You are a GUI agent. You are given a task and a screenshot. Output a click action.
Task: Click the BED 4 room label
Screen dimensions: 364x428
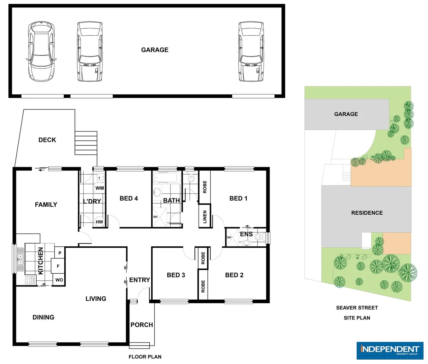[129, 199]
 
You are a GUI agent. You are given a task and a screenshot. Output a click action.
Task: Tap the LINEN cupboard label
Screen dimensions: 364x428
[205, 217]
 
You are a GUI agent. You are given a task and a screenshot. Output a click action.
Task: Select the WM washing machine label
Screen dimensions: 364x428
[100, 188]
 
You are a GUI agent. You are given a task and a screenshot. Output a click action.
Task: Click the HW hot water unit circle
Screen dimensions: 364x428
[99, 221]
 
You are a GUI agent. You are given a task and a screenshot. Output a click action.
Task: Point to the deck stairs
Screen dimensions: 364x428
[86, 143]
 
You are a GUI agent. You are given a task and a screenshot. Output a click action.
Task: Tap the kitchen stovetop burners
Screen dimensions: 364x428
[30, 280]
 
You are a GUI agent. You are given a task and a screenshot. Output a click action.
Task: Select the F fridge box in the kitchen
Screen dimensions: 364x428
[58, 266]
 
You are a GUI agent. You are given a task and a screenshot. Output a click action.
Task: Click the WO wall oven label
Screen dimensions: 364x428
[59, 280]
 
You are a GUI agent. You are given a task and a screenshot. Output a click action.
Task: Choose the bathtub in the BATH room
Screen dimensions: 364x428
[166, 178]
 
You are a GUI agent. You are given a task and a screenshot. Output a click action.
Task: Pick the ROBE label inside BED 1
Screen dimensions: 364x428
[205, 187]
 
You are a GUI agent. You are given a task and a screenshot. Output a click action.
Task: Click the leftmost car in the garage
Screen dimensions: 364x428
[41, 52]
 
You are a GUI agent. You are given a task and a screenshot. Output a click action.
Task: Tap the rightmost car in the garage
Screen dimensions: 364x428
[251, 52]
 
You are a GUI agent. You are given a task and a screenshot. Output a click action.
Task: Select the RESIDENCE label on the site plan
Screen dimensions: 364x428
[367, 213]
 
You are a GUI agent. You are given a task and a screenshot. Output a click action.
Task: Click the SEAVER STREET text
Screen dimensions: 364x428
[357, 308]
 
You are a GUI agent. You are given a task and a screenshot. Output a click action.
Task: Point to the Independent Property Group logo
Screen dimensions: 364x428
[390, 351]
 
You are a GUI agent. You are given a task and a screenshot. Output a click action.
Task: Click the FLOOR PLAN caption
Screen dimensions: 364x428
[145, 357]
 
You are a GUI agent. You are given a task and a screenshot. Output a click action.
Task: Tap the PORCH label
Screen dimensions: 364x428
[142, 325]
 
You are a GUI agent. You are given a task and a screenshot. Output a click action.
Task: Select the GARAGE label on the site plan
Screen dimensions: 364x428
[346, 114]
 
